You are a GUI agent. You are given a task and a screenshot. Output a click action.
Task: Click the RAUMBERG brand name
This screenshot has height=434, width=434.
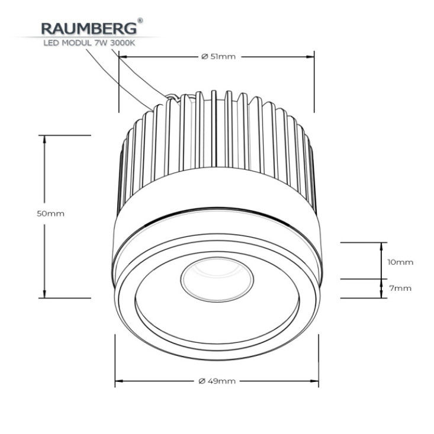point(89,28)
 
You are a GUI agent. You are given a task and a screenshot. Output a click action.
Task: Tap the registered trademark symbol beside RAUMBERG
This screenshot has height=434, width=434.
point(140,21)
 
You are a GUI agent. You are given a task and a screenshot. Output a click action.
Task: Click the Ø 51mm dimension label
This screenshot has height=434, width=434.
point(218,57)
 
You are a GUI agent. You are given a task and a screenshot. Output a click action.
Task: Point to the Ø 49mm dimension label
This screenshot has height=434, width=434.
point(217,381)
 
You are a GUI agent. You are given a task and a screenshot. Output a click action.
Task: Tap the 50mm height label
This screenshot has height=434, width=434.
point(51,214)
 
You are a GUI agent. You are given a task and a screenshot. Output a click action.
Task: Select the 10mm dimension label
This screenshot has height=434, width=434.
point(400,262)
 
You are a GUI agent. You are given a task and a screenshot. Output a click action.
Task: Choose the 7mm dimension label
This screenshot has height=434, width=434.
point(400,288)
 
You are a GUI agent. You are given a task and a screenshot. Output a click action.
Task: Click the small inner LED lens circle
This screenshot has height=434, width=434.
point(217,280)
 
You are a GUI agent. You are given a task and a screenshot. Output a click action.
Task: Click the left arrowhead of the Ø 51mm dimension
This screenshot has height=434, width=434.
point(123,57)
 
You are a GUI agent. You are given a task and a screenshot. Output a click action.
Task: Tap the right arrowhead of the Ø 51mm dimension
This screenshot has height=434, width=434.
point(310,57)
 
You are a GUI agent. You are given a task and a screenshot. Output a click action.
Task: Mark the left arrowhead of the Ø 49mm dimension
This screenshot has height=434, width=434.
point(119,381)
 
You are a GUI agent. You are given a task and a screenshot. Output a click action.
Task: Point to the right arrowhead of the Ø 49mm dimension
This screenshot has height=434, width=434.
point(315,381)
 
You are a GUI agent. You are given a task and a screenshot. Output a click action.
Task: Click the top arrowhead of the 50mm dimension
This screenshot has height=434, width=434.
point(44,139)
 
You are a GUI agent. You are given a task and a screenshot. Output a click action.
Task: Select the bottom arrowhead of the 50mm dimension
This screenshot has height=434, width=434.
point(44,294)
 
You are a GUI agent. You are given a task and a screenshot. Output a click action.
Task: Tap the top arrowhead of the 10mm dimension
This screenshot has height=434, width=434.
point(382,246)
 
